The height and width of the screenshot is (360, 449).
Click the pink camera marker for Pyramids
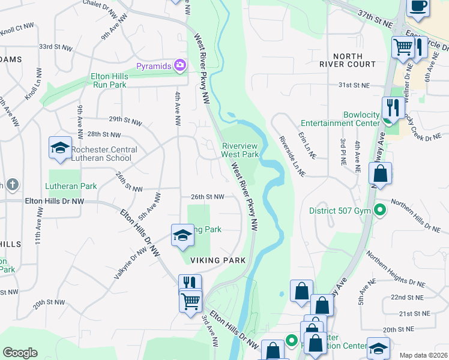pyautogui.click(x=178, y=65)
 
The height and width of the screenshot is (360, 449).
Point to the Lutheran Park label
pyautogui.click(x=71, y=186)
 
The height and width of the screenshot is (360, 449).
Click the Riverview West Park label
pyautogui.click(x=240, y=150)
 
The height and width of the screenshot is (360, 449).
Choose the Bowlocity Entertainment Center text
pyautogui.click(x=345, y=119)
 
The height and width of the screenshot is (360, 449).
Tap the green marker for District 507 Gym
pyautogui.click(x=379, y=210)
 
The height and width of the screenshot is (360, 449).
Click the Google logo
pyautogui.click(x=20, y=353)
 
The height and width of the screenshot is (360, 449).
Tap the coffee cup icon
pyautogui.click(x=418, y=6)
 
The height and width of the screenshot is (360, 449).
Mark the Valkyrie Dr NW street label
pyautogui.click(x=130, y=264)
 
